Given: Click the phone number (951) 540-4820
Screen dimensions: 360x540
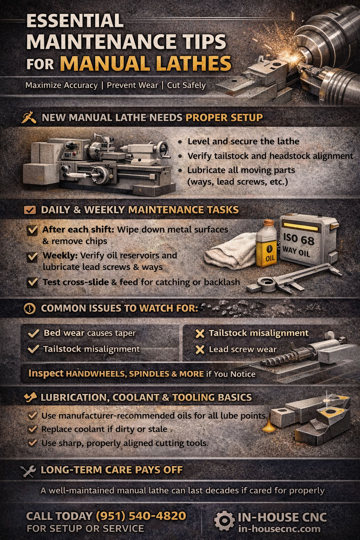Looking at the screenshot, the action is (x=141, y=516).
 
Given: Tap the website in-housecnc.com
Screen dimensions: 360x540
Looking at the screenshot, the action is (x=279, y=529).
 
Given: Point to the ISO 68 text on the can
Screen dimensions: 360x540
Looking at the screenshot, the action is (x=299, y=239).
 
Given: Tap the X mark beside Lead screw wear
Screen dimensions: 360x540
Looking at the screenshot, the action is (x=200, y=349).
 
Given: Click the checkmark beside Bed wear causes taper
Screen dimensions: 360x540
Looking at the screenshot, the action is (x=33, y=333).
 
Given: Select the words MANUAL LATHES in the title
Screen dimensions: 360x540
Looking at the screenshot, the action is (x=146, y=64).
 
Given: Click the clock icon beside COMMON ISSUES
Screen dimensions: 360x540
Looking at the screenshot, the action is (x=30, y=308).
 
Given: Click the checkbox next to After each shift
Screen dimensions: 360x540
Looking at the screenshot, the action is (x=32, y=230).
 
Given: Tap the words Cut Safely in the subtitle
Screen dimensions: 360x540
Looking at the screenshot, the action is (x=186, y=85).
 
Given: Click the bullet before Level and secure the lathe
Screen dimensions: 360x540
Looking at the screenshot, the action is (x=180, y=142).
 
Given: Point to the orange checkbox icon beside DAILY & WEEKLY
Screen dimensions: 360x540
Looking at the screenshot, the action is (x=30, y=210).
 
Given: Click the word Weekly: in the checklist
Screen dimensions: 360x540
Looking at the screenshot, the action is (x=60, y=256).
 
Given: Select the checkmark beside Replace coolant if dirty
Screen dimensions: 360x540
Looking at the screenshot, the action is (x=33, y=429).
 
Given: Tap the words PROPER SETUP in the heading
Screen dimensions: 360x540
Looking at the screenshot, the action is (x=224, y=118).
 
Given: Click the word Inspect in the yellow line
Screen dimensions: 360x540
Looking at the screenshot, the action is (x=46, y=373).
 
